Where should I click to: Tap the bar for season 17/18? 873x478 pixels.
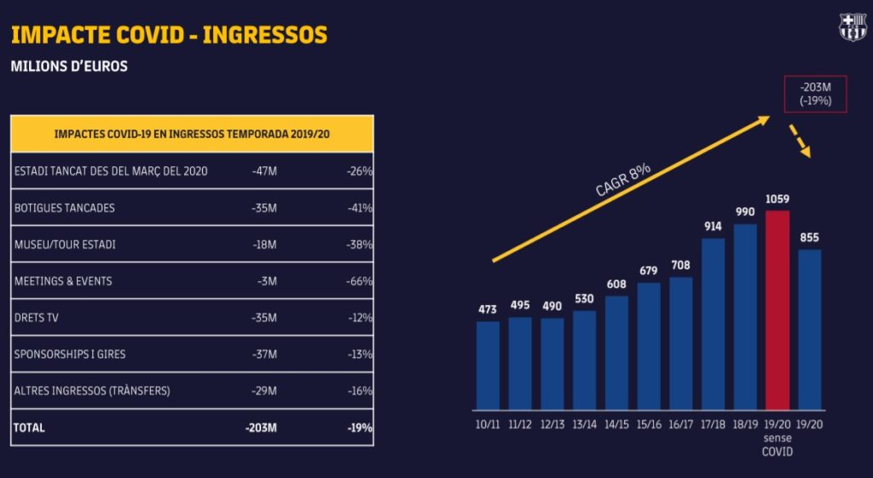coord(713,324)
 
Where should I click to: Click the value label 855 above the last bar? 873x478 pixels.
coord(809,238)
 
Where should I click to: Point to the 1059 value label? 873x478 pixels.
coord(778,199)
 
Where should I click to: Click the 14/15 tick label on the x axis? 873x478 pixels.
coord(616,423)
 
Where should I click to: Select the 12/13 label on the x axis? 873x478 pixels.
coord(552,423)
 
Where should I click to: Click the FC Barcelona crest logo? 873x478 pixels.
coord(852,27)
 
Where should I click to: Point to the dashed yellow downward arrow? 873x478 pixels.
coord(800,141)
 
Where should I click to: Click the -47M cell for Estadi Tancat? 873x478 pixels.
coord(264,171)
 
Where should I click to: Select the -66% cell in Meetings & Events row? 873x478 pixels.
coord(360,281)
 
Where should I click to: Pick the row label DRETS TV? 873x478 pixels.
coord(38,318)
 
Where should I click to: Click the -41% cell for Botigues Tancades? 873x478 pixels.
coord(360,208)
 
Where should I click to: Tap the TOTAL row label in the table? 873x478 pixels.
coord(30,428)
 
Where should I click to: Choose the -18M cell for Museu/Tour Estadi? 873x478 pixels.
coord(264,245)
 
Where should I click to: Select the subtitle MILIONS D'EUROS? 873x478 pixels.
coord(69,66)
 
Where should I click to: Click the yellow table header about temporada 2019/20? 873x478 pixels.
coord(192,134)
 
